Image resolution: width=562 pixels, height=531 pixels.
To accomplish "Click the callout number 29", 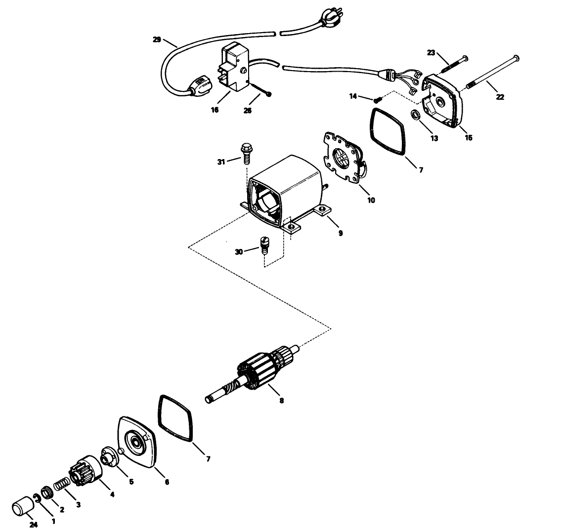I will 157,39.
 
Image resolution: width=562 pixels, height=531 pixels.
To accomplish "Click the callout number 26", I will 248,111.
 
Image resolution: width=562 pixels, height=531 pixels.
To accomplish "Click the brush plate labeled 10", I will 343,159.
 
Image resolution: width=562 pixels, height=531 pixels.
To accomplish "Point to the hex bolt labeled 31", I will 246,150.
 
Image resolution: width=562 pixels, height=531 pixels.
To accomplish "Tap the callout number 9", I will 341,233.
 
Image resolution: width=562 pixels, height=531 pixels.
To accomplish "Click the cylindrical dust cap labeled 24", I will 23,509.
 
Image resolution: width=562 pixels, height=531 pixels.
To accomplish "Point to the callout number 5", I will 131,482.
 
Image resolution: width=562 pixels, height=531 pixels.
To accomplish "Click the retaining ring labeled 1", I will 38,498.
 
